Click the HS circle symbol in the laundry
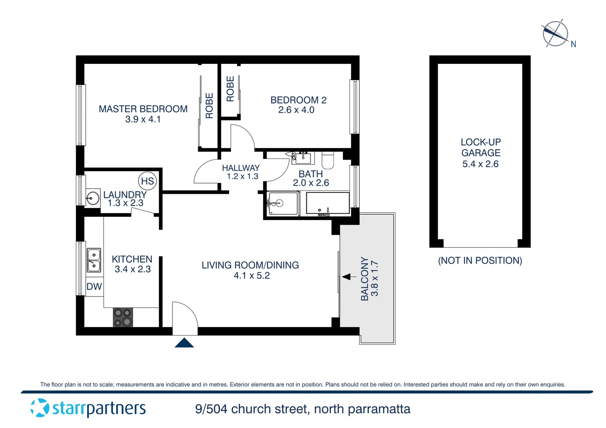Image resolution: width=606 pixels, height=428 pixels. click(x=147, y=181)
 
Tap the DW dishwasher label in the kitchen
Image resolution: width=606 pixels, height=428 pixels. click(x=94, y=287)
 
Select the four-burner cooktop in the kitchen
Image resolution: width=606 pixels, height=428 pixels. click(x=123, y=317)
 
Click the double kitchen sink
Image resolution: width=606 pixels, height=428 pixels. click(x=94, y=260)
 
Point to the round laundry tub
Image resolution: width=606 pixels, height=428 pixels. click(x=93, y=198)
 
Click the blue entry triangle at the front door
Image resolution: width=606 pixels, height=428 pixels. click(x=184, y=343)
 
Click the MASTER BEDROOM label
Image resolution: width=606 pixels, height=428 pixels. click(x=143, y=109)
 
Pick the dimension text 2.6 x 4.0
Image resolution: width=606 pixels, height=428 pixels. click(x=296, y=110)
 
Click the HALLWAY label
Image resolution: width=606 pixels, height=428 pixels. click(x=240, y=168)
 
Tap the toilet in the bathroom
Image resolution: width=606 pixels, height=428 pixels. click(x=328, y=160)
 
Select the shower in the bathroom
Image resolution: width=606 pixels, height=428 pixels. click(x=282, y=203)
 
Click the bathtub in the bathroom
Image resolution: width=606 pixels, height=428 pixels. click(x=328, y=203)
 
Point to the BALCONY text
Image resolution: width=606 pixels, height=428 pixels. click(x=364, y=279)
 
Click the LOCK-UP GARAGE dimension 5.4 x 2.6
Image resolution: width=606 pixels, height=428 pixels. click(x=480, y=164)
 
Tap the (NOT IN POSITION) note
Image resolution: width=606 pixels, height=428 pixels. click(x=480, y=260)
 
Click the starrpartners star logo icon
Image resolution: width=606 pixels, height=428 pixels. click(x=40, y=408)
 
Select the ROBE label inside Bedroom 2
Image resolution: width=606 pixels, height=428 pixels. click(x=230, y=89)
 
